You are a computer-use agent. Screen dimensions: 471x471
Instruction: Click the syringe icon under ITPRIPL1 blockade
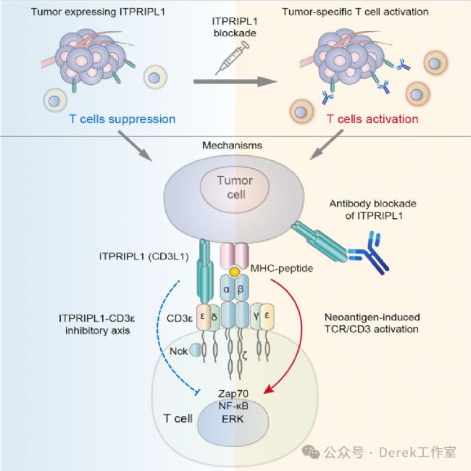tap(232, 58)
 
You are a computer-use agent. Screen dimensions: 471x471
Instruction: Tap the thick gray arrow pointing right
tap(236, 81)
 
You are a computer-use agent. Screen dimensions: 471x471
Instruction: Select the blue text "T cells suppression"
tap(122, 119)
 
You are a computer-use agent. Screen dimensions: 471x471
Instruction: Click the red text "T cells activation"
tap(372, 119)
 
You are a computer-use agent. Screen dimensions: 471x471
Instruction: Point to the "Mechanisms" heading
tap(232, 146)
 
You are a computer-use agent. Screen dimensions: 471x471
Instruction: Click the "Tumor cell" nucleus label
tap(235, 188)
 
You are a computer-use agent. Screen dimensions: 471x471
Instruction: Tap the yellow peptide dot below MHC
tap(234, 272)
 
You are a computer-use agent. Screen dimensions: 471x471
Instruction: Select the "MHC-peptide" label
tap(282, 268)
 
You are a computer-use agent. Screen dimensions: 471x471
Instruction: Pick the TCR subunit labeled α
tap(228, 288)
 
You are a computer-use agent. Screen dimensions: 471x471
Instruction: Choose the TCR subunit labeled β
tap(241, 288)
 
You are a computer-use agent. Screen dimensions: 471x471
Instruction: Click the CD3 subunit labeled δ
tap(214, 317)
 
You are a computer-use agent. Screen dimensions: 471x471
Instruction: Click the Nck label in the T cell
tap(178, 351)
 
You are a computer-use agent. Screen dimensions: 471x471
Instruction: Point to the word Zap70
tap(233, 393)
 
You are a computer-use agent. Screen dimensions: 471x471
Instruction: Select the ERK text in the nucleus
tap(233, 419)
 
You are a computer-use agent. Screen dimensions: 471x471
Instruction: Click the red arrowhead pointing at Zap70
tap(269, 389)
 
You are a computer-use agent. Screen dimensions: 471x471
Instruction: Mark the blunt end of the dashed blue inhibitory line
tap(197, 391)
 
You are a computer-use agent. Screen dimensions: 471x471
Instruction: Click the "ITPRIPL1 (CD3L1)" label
tap(144, 257)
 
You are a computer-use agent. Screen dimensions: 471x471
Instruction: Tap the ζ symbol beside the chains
tap(245, 357)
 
